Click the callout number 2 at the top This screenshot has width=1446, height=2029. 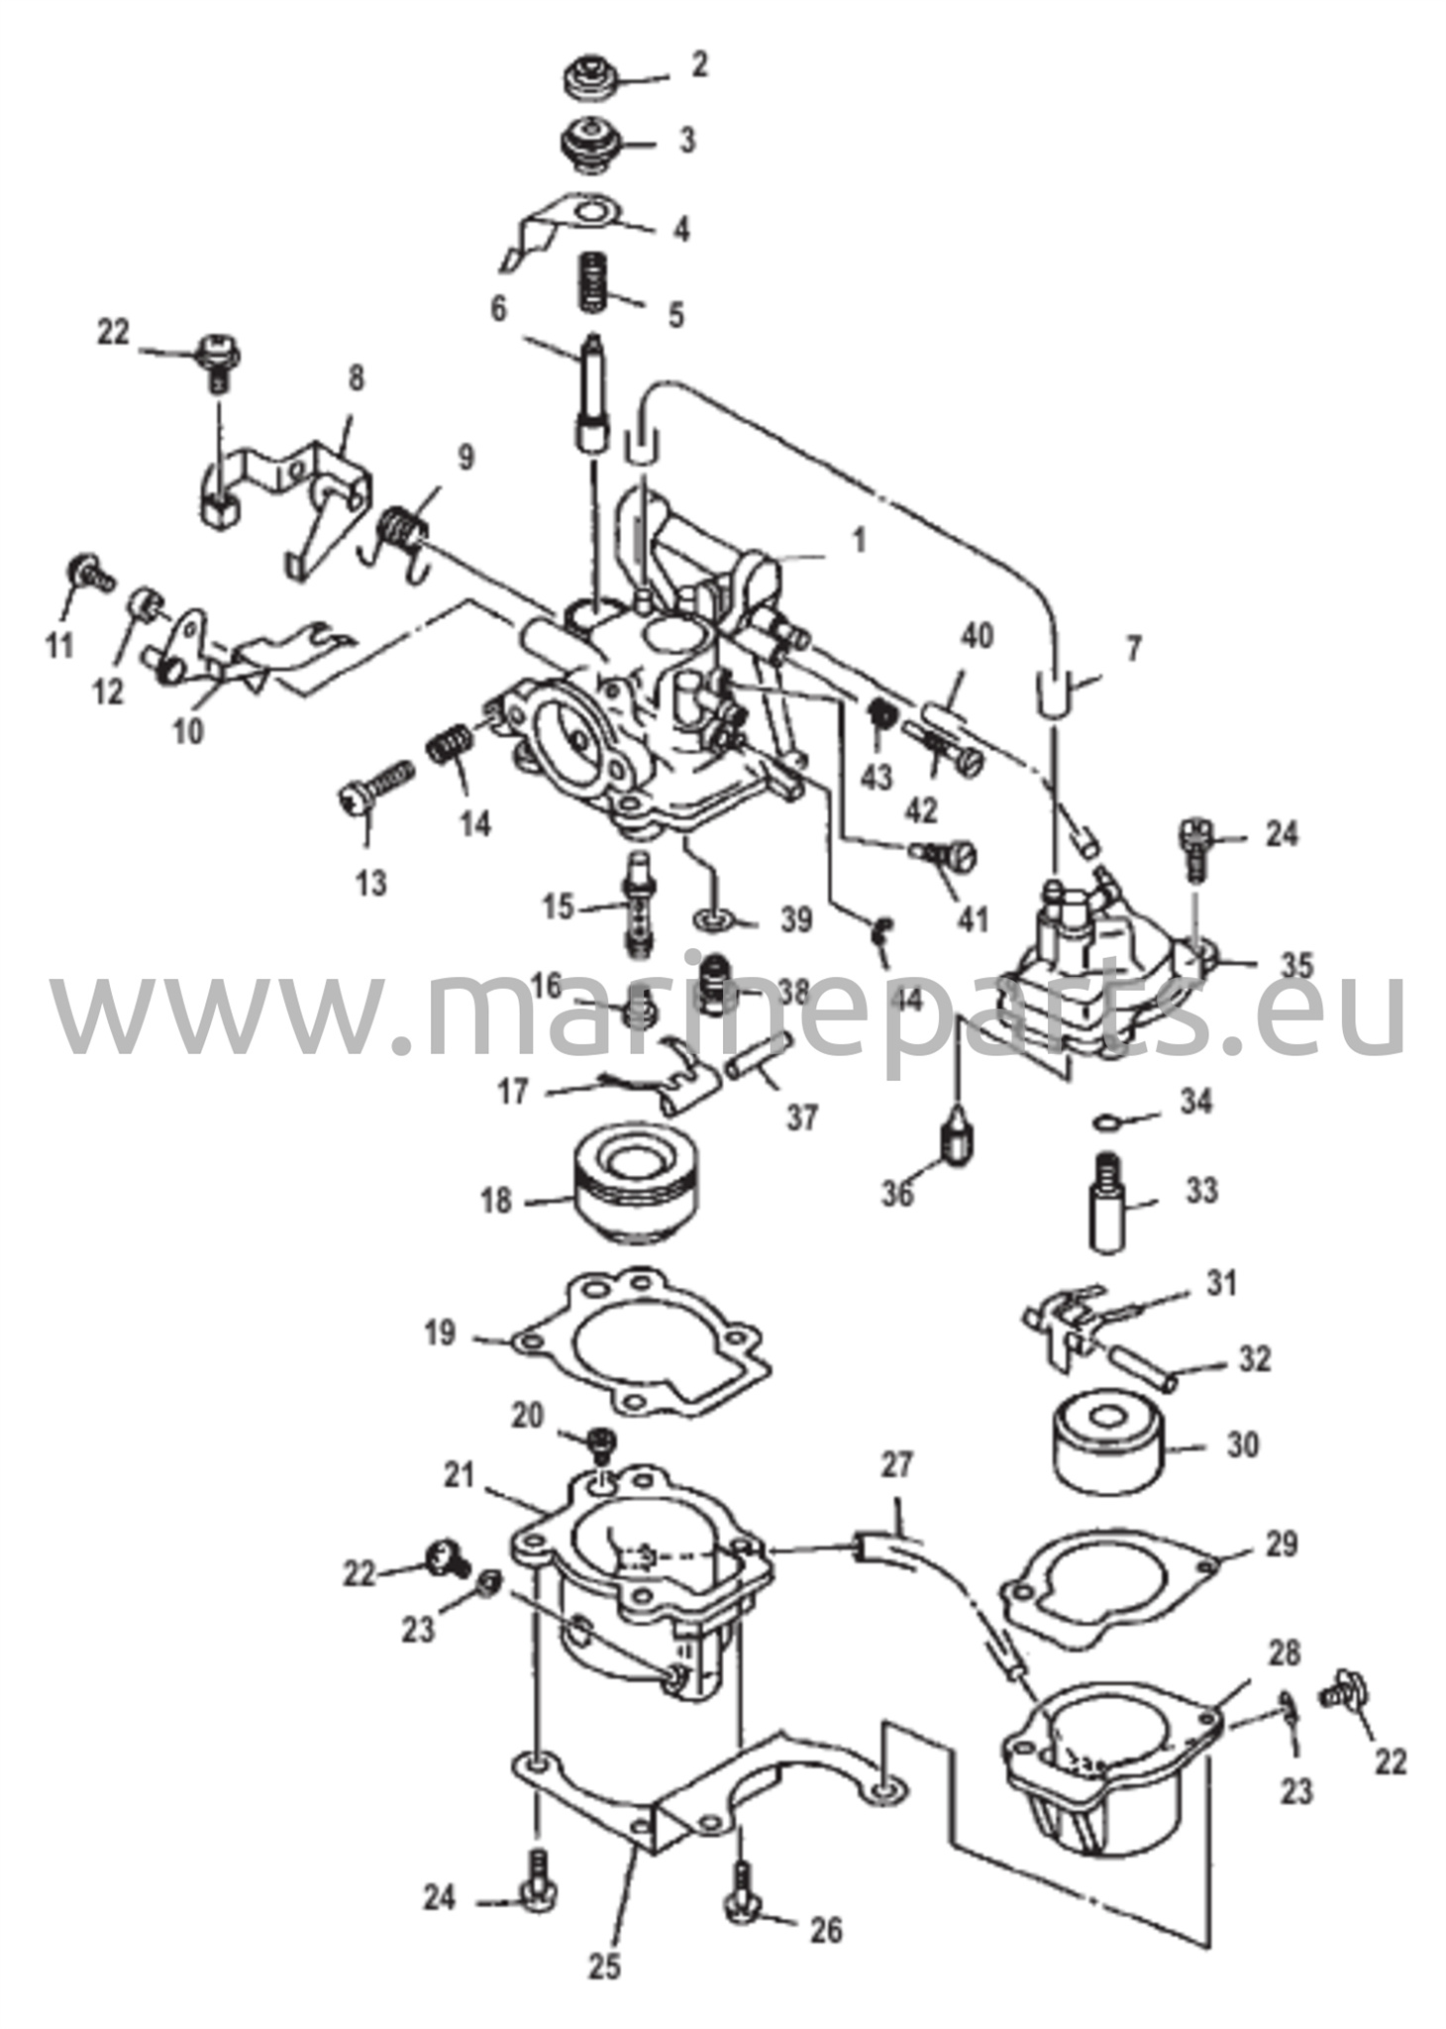(700, 66)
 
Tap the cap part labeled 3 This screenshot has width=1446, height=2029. (591, 142)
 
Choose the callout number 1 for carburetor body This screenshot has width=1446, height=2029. (859, 540)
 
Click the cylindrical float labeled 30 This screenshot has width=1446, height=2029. (1107, 1447)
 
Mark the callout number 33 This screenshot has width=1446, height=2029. (1201, 1190)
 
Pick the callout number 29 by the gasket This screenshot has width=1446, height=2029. (1282, 1545)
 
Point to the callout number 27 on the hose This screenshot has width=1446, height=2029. (897, 1465)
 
